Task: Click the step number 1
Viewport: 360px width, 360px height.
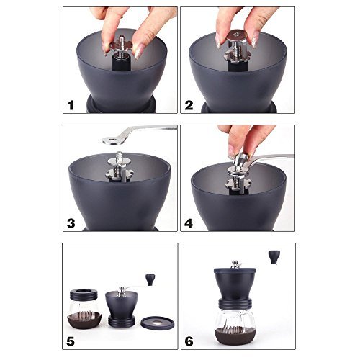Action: (x=71, y=105)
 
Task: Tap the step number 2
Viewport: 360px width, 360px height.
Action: (x=189, y=105)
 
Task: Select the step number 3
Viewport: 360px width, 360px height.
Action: (x=71, y=223)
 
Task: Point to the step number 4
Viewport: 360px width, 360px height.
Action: (x=189, y=223)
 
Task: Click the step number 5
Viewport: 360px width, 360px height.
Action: (x=71, y=341)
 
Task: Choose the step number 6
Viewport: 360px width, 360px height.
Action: (x=189, y=341)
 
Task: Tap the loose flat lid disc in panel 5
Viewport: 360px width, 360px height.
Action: (x=158, y=323)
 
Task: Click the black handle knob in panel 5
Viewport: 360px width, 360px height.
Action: (x=150, y=279)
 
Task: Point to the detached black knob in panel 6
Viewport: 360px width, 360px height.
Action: (x=274, y=257)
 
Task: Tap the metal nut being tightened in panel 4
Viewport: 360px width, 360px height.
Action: (x=240, y=160)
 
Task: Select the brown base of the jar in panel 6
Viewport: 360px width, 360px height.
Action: (x=235, y=336)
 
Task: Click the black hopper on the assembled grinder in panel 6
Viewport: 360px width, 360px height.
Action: (x=235, y=283)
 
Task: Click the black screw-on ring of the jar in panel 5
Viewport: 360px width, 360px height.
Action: (x=84, y=294)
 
